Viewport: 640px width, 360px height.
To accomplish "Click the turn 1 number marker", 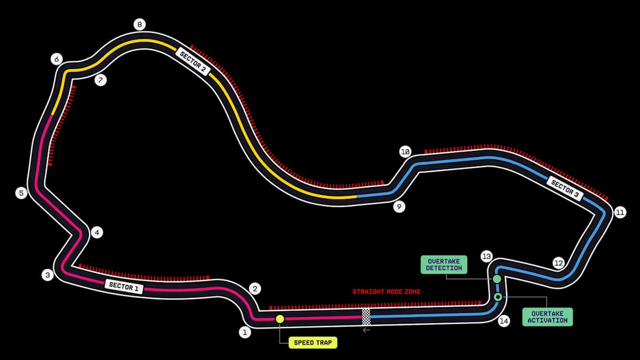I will (x=245, y=333).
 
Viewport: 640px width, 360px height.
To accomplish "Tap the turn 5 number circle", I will (x=21, y=193).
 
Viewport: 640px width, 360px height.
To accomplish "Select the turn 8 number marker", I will (x=139, y=25).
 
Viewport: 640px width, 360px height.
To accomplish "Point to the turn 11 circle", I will (x=619, y=212).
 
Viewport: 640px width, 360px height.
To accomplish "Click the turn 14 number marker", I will (x=503, y=321).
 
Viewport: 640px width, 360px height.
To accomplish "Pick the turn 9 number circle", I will (x=399, y=207).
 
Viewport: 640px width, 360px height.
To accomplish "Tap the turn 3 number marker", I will (x=48, y=275).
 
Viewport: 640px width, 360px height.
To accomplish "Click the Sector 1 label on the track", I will (x=124, y=286).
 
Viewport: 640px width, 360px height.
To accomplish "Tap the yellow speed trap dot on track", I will (x=280, y=319).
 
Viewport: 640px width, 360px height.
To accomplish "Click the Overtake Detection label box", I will (x=444, y=265).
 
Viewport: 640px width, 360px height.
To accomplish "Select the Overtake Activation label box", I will (x=548, y=317).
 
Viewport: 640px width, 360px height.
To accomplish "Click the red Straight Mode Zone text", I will (x=386, y=292).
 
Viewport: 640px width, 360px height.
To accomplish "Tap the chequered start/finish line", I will (x=366, y=317).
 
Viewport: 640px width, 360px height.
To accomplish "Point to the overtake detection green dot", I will (x=497, y=279).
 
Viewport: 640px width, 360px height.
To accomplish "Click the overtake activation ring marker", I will (x=498, y=297).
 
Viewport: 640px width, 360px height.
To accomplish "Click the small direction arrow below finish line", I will (x=366, y=331).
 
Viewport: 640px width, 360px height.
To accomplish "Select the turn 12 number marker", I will (x=558, y=263).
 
